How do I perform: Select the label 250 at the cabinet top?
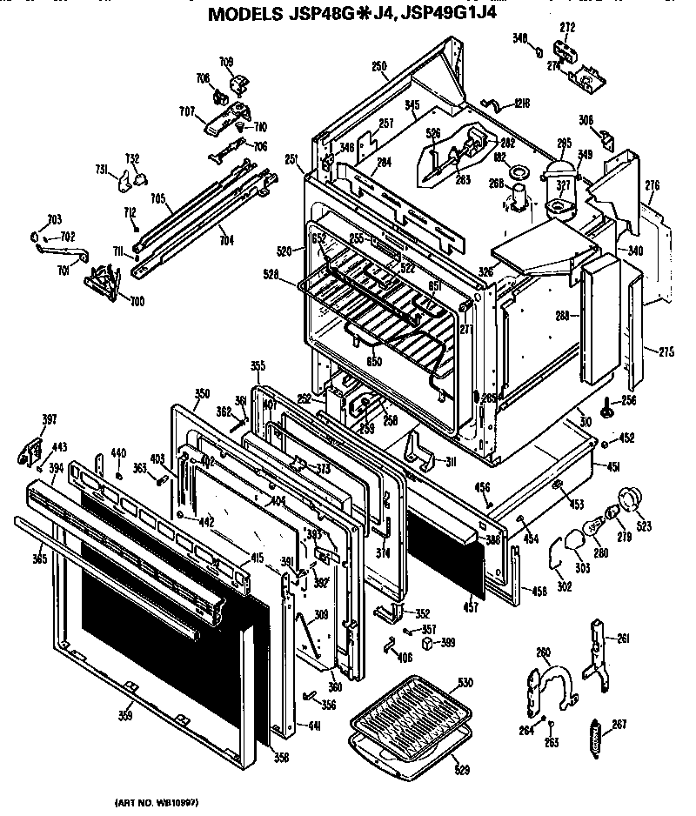[x=378, y=66]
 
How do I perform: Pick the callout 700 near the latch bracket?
[x=137, y=301]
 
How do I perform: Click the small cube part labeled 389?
[x=428, y=643]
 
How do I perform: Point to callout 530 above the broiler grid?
[x=465, y=682]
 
